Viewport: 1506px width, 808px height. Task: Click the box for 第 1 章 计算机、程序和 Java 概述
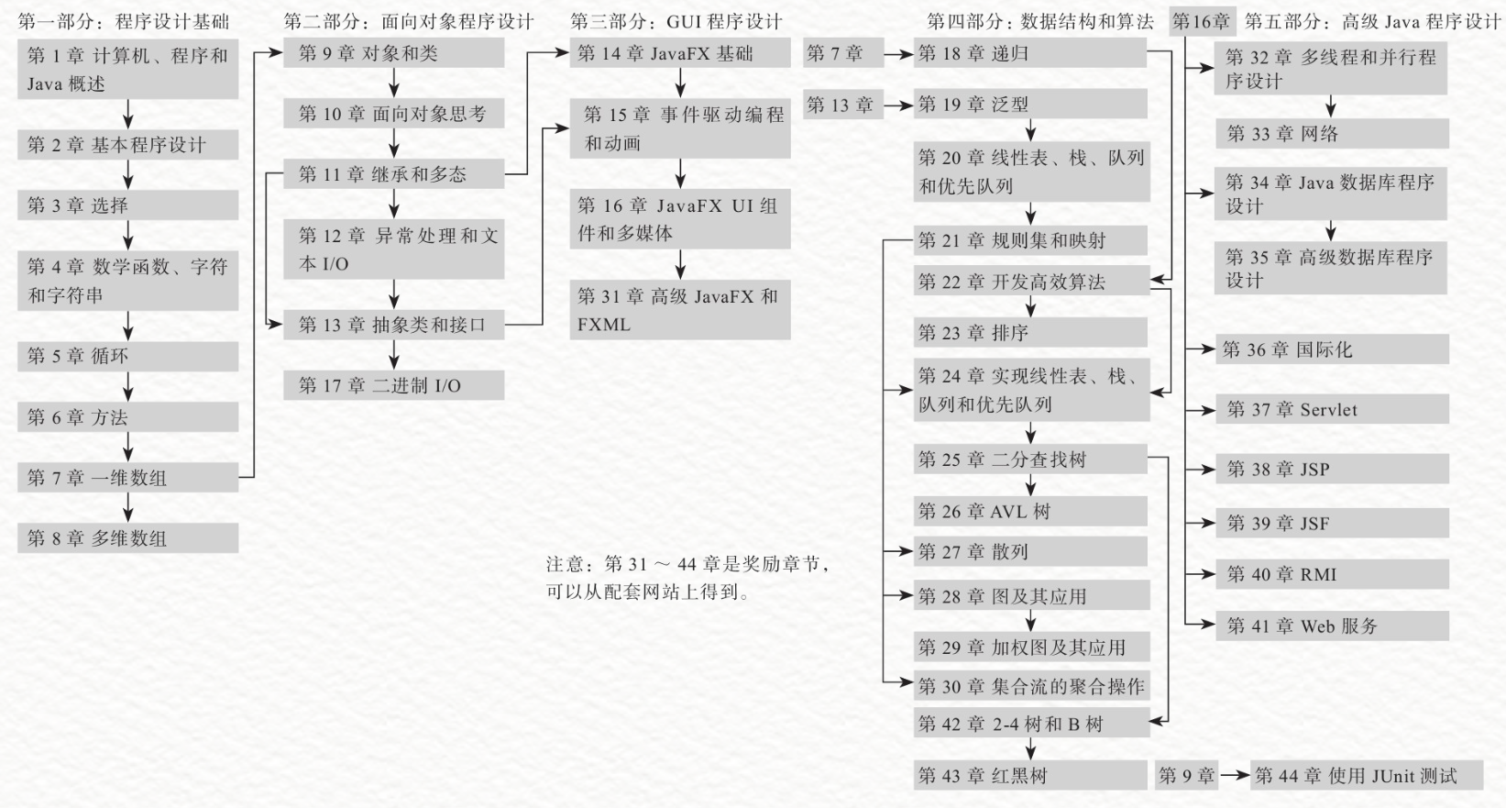tap(127, 69)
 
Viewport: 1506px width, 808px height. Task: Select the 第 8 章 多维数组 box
tap(127, 538)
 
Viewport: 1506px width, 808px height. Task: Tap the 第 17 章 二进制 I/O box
tap(393, 385)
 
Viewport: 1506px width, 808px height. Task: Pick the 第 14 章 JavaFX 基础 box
tap(679, 53)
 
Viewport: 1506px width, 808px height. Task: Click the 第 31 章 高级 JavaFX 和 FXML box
tap(679, 310)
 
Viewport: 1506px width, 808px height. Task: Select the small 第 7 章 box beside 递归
tap(841, 53)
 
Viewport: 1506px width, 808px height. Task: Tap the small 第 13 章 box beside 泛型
tap(841, 105)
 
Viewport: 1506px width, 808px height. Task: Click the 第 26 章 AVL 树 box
tap(1030, 512)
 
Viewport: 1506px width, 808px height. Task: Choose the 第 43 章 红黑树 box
tap(1030, 776)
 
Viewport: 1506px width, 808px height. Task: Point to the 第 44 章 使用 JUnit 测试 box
tap(1366, 776)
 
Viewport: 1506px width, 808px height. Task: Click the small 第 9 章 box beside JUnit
tap(1186, 776)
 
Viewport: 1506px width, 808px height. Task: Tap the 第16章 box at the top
tap(1202, 21)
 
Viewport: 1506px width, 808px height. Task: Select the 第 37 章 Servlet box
tap(1331, 410)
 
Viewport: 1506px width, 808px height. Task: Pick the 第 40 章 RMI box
tap(1331, 575)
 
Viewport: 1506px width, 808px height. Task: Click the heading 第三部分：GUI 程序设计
tap(676, 21)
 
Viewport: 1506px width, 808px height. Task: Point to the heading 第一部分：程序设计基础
tap(123, 21)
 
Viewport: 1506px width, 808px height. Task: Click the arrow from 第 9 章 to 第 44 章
tap(1235, 776)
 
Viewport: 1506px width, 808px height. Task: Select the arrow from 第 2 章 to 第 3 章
tap(128, 175)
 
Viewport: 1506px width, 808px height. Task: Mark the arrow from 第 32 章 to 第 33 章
tap(1331, 106)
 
